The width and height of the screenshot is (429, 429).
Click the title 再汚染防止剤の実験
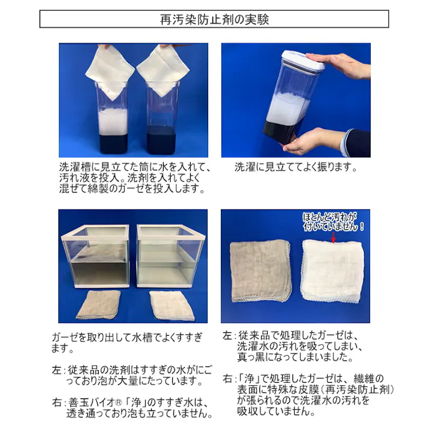click(x=214, y=19)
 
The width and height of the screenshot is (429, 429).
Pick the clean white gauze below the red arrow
click(x=331, y=272)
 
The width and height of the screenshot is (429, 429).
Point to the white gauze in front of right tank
click(x=172, y=305)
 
